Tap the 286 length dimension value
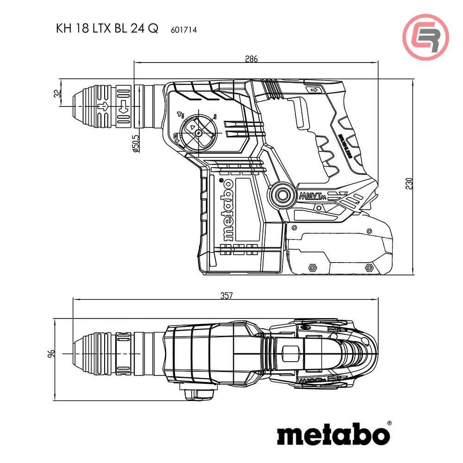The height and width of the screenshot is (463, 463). pyautogui.click(x=251, y=59)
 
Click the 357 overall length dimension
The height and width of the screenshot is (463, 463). pyautogui.click(x=225, y=296)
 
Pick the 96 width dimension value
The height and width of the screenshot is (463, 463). pyautogui.click(x=52, y=353)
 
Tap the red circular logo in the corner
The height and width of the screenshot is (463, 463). pyautogui.click(x=425, y=38)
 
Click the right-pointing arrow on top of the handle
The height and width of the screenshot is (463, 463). pyautogui.click(x=314, y=90)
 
